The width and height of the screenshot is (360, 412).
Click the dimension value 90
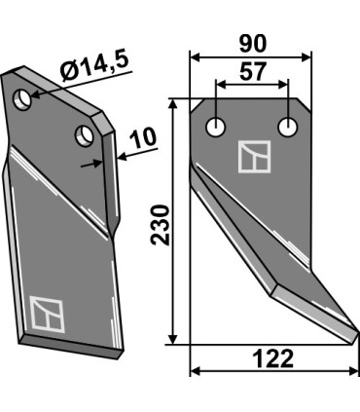pos(251,42)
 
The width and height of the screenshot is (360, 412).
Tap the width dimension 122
pos(272,358)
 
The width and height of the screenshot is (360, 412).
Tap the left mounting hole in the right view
pos(215,126)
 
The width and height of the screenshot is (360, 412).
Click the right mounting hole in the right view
pos(288,126)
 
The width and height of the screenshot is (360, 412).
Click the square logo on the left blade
pos(45,312)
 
